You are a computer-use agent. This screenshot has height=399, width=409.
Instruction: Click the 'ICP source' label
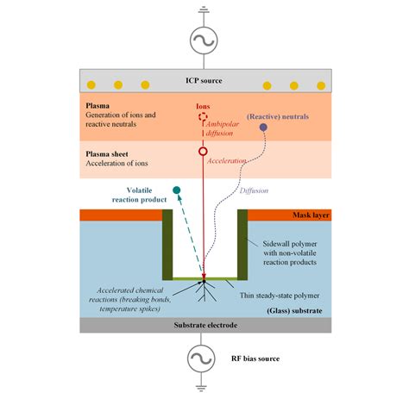pyautogui.click(x=204, y=81)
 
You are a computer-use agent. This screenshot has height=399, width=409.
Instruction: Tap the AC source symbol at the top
pyautogui.click(x=204, y=40)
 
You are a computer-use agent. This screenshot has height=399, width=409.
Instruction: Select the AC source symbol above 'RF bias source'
pyautogui.click(x=204, y=357)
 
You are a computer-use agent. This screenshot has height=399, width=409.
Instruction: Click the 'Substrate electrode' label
pyautogui.click(x=204, y=326)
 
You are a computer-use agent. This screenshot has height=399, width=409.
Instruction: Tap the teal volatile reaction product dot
pyautogui.click(x=177, y=190)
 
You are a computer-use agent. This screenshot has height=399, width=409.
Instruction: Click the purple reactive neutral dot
pyautogui.click(x=263, y=128)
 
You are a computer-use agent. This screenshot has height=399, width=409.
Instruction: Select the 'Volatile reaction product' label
pyautogui.click(x=139, y=198)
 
